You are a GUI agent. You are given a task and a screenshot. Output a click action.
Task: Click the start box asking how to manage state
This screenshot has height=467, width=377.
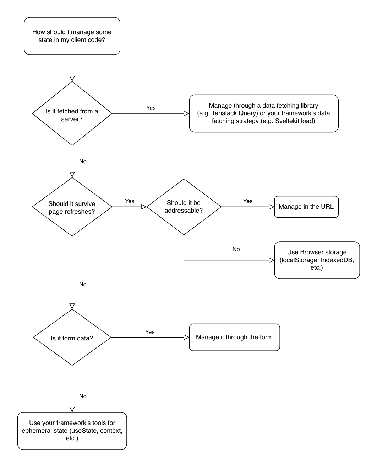click(x=72, y=36)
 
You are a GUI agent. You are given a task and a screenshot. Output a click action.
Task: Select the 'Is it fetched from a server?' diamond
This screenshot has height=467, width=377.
click(x=72, y=114)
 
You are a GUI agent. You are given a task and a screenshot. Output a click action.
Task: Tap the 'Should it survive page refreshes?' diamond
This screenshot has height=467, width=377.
click(x=72, y=207)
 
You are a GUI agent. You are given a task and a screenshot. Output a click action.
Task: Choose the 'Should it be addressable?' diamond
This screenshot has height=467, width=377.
click(x=184, y=207)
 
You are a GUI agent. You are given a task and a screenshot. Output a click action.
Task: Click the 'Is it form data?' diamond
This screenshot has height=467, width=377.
click(x=72, y=338)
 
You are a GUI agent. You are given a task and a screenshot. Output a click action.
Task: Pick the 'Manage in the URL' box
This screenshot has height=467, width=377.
click(x=306, y=207)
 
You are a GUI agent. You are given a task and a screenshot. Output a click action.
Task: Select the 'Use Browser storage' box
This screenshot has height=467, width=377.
click(x=317, y=260)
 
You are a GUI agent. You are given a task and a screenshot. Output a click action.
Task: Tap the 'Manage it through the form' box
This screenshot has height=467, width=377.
click(x=234, y=337)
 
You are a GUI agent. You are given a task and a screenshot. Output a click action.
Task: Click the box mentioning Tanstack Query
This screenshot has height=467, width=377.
click(x=263, y=113)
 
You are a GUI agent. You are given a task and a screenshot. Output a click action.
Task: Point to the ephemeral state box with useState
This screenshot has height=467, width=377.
click(x=72, y=431)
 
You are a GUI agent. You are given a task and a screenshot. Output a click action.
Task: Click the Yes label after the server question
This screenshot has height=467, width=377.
click(x=151, y=108)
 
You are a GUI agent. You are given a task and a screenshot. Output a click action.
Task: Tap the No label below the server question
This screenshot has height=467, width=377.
click(x=83, y=161)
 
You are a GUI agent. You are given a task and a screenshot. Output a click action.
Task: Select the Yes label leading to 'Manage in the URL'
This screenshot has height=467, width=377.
click(x=248, y=201)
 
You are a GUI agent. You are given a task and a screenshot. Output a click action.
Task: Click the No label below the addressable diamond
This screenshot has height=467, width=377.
click(x=236, y=249)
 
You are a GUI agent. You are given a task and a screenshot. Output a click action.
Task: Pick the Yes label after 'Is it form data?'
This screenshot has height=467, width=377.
click(x=150, y=332)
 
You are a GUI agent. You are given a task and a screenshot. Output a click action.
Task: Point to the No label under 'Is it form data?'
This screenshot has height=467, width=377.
click(x=83, y=396)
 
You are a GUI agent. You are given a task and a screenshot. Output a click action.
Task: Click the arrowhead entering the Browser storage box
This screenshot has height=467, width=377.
click(x=272, y=260)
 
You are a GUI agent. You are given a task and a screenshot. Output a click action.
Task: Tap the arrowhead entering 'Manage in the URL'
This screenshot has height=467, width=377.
click(x=272, y=207)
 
